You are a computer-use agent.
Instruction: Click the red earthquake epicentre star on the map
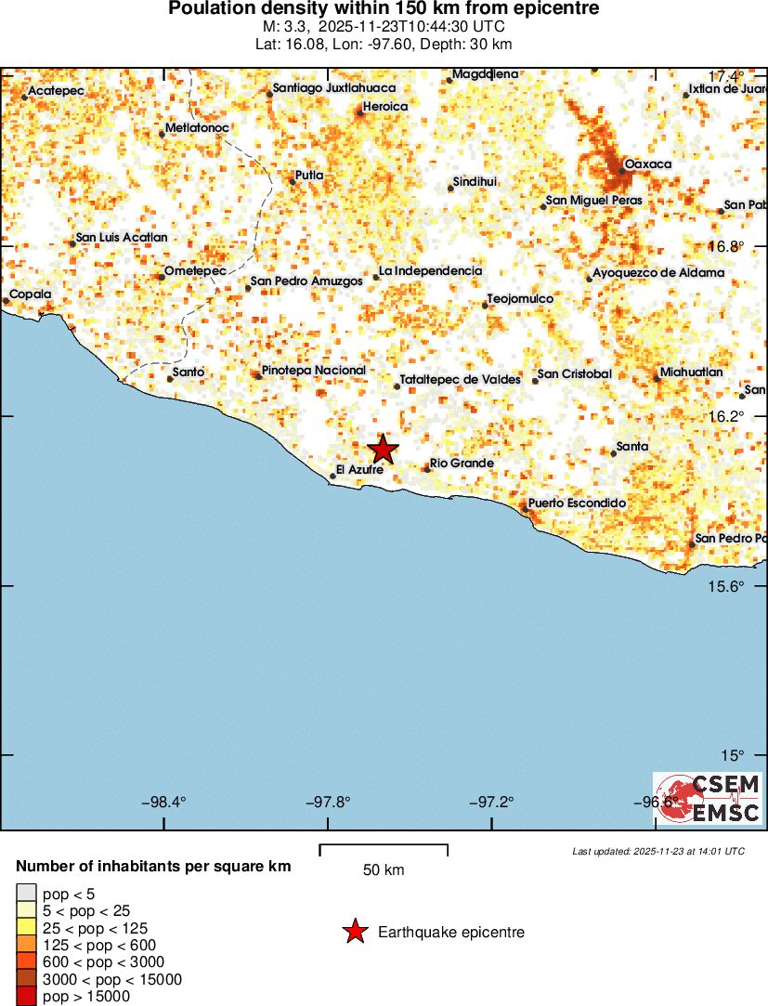tap(383, 450)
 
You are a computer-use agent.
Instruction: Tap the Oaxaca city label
tap(647, 164)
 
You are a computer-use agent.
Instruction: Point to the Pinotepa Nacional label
tap(314, 370)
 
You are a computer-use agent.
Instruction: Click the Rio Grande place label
tap(462, 463)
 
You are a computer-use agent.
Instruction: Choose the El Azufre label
tap(359, 470)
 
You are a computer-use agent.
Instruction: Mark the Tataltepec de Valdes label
tap(460, 379)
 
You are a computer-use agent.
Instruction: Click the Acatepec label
tap(57, 90)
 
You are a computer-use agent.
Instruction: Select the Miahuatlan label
tap(691, 372)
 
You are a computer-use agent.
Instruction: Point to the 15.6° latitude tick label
tap(725, 586)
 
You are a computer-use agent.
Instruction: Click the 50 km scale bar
tap(384, 850)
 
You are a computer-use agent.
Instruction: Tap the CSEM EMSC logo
tap(708, 798)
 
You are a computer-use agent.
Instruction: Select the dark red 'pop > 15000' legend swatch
tap(27, 997)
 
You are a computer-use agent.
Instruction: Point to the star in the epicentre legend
tap(355, 932)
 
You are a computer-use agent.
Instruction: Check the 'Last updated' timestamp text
tap(657, 851)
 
